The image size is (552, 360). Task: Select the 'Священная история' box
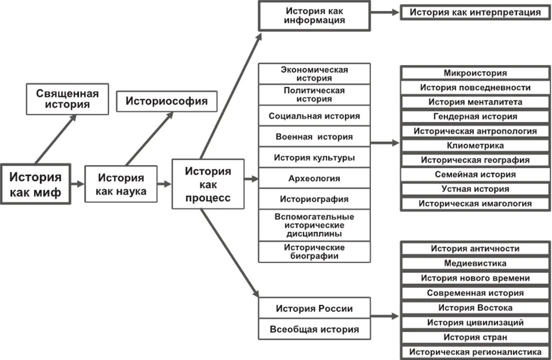[67, 99]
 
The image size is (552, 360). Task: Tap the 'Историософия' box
[167, 101]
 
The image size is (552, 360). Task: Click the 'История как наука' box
[121, 184]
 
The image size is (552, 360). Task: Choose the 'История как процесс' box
[208, 184]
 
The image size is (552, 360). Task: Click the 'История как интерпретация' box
[475, 12]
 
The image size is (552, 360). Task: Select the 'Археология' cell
[314, 179]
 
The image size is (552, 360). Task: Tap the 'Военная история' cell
[314, 137]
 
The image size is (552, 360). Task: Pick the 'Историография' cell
[314, 199]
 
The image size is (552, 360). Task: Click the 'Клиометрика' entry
[475, 146]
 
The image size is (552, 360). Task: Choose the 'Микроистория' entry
[475, 73]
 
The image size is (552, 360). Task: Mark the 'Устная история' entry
[475, 189]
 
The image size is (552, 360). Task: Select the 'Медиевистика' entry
[475, 263]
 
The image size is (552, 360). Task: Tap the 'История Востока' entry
[475, 308]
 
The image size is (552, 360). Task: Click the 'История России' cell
[314, 308]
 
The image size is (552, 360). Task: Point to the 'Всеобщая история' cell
[314, 330]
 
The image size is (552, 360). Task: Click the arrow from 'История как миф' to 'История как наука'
[77, 183]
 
